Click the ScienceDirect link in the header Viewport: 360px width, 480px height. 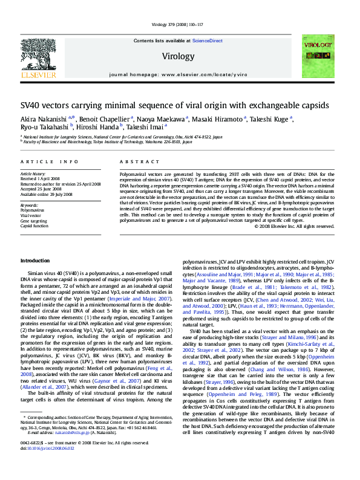[x=207, y=41]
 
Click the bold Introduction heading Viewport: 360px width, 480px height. [x=38, y=260]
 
